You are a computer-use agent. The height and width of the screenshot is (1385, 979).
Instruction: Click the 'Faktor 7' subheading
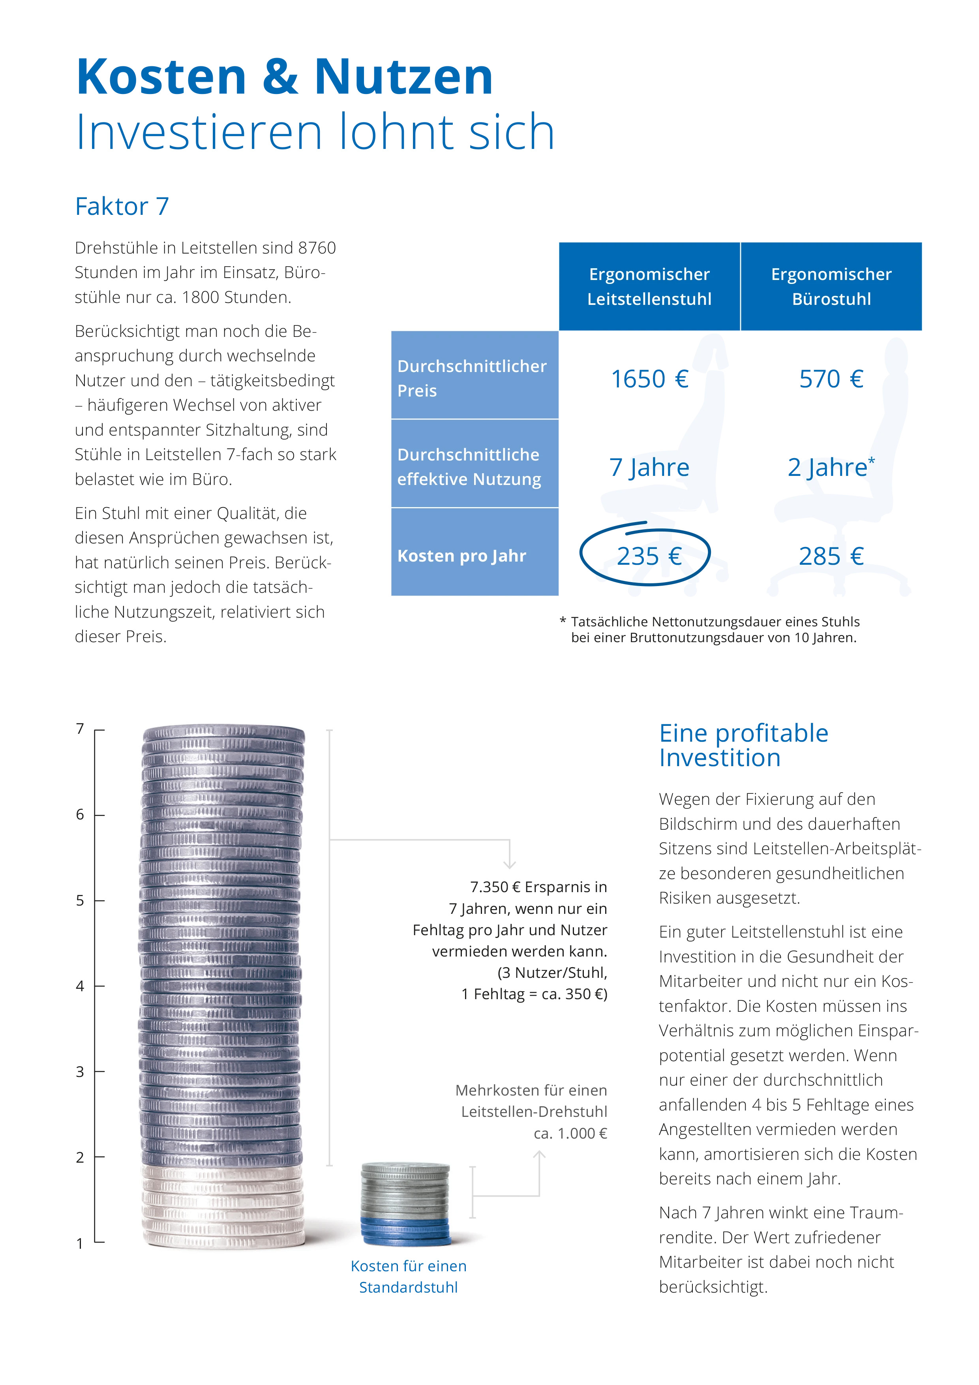[122, 206]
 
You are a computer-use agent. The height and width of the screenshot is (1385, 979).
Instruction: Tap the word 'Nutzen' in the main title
[403, 77]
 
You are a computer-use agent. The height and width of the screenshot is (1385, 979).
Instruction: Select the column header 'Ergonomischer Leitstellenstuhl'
[649, 287]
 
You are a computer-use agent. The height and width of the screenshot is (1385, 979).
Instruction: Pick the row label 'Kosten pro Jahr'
[462, 556]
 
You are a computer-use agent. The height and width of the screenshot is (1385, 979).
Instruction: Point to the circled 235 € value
[649, 556]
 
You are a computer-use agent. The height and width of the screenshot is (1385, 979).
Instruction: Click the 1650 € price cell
[649, 379]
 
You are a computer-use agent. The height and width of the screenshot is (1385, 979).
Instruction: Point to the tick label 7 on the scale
[80, 729]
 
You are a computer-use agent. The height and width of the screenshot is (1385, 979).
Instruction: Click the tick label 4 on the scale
[80, 986]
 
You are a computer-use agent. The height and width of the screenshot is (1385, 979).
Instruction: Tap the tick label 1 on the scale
[80, 1243]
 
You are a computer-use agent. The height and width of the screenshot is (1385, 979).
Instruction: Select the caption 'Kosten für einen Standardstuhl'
[408, 1276]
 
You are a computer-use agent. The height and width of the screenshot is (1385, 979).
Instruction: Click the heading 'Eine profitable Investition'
[743, 745]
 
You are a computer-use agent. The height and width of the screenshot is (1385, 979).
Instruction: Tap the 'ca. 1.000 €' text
[570, 1133]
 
